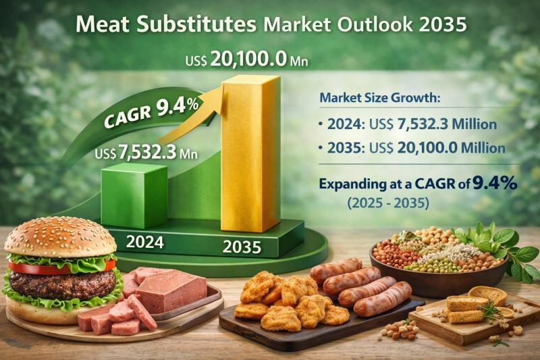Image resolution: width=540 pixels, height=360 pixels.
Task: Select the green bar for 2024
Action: coord(134,196)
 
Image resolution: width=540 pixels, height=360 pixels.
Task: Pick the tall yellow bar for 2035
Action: coord(250,155)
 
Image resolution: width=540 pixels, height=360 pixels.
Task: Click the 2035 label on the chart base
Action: coord(241,247)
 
